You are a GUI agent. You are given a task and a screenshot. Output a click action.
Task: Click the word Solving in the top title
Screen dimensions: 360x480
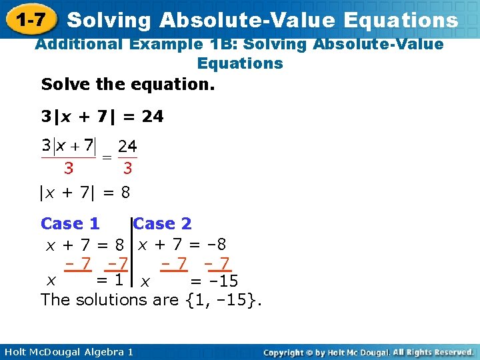pyautogui.click(x=109, y=20)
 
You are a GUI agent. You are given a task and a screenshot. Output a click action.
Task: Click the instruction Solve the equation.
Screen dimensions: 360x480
pyautogui.click(x=128, y=85)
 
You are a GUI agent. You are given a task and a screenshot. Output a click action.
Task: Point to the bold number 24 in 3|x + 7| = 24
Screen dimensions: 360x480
pyautogui.click(x=153, y=117)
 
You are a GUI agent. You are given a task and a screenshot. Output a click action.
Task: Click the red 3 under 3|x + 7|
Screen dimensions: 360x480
pyautogui.click(x=68, y=169)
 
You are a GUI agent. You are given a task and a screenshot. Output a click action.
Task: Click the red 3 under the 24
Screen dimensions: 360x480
pyautogui.click(x=127, y=169)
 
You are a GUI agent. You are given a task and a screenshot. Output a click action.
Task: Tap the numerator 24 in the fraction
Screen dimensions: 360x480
pyautogui.click(x=127, y=145)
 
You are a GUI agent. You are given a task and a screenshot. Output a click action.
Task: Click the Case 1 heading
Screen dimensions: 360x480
pyautogui.click(x=70, y=224)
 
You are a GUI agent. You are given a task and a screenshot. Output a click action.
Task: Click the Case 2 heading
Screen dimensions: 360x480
pyautogui.click(x=163, y=224)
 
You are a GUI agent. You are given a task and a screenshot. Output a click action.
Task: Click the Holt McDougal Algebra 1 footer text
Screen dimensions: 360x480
pyautogui.click(x=67, y=351)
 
